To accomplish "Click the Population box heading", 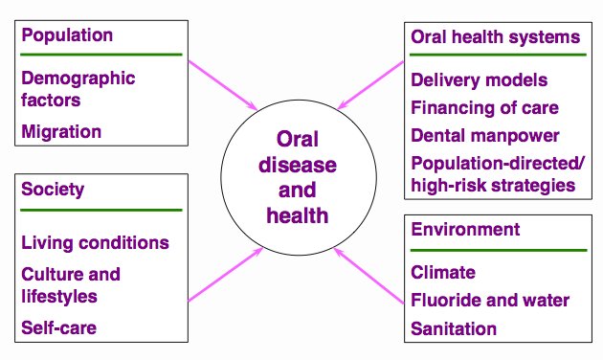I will click(x=67, y=36).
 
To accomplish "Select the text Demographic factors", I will click(x=78, y=88).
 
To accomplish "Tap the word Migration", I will click(x=60, y=130).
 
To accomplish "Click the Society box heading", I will click(x=53, y=190).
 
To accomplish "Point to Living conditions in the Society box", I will click(x=95, y=242).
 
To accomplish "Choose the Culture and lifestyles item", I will click(x=71, y=284).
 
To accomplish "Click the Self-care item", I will click(x=59, y=328).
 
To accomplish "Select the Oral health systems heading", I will click(x=495, y=37).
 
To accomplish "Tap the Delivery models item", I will click(x=479, y=79).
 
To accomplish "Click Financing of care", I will click(x=484, y=106).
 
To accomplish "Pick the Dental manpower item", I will click(x=484, y=135).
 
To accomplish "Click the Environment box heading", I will click(x=465, y=230).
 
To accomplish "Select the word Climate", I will click(x=442, y=273).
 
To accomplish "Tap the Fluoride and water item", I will click(x=490, y=301).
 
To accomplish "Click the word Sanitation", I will click(x=454, y=328).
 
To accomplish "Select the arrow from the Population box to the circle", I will click(x=225, y=84).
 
